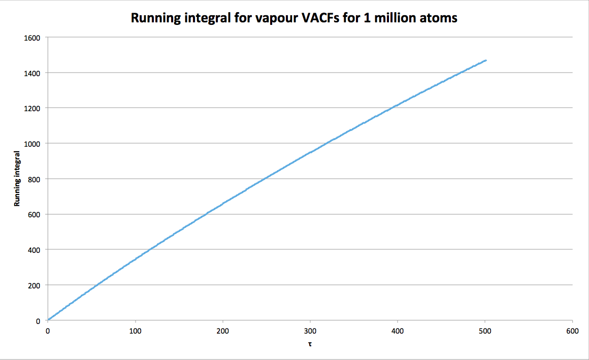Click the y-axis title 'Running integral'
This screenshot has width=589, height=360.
pyautogui.click(x=17, y=179)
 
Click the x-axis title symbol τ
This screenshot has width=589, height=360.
pyautogui.click(x=310, y=344)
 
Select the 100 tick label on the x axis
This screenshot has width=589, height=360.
pyautogui.click(x=135, y=331)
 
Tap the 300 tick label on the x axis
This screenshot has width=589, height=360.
pyautogui.click(x=310, y=331)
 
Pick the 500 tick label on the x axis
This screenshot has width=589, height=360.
pyautogui.click(x=485, y=331)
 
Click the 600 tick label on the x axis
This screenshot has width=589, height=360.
pyautogui.click(x=572, y=331)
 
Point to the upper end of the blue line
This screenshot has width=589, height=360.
pyautogui.click(x=486, y=60)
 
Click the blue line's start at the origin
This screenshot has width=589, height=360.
pyautogui.click(x=48, y=320)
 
